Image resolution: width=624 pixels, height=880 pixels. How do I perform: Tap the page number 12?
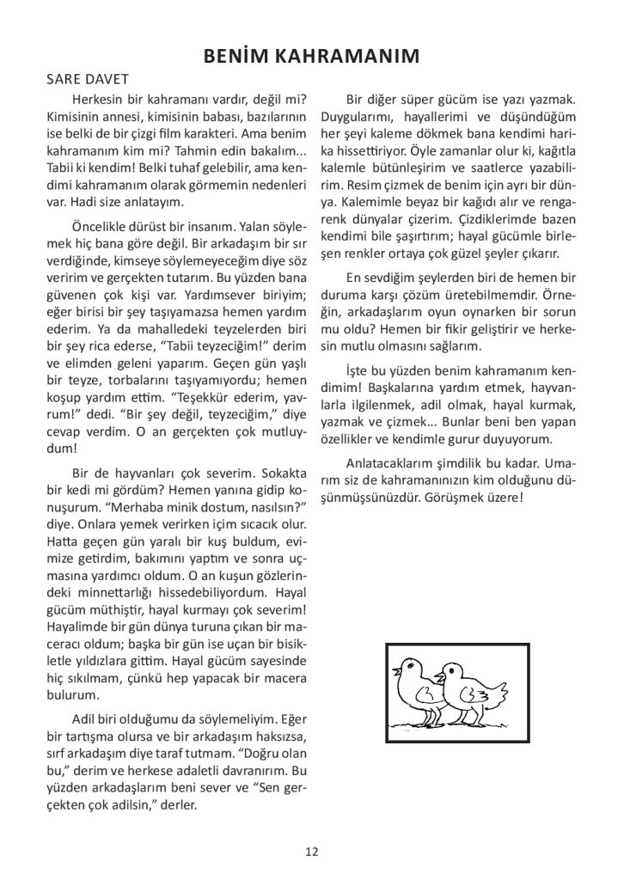311,852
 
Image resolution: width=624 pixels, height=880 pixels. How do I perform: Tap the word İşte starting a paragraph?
358,370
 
